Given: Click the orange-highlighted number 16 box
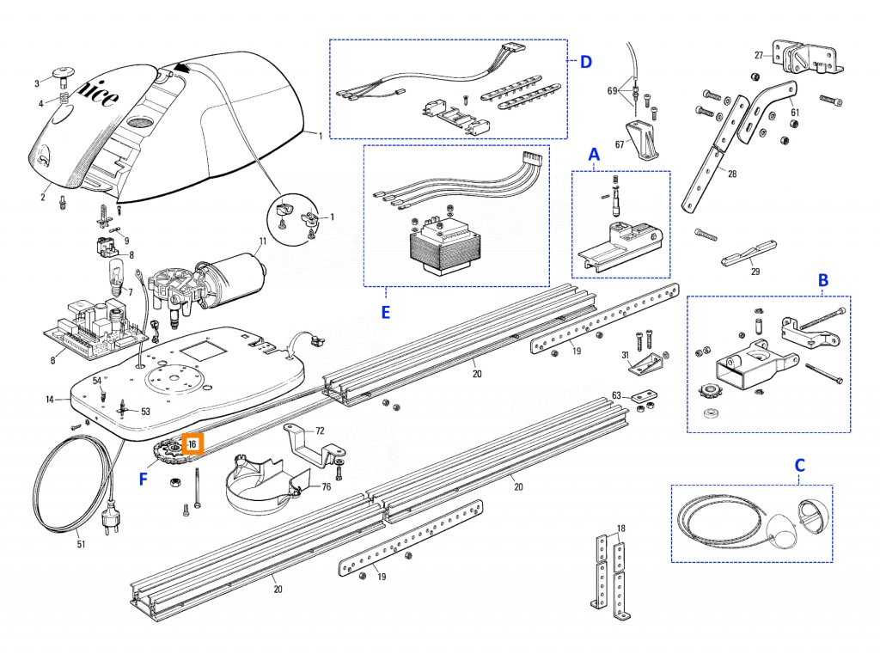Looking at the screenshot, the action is coord(192,443).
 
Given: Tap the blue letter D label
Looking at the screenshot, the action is coord(585,61).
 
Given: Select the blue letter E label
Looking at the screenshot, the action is coord(386,312).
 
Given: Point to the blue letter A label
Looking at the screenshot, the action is coord(593,155).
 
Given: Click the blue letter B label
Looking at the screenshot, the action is coord(822,280).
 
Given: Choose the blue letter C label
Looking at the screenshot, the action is coord(800,465).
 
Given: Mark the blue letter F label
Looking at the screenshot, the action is coord(144,480).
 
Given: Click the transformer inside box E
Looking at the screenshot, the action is coord(445,245).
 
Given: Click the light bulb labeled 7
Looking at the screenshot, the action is coord(116,277).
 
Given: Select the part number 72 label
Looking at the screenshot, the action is coord(320,431).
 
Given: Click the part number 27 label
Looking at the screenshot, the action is coord(759,55).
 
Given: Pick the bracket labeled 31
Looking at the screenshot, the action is coord(643,364).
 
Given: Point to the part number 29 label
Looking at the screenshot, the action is coord(755,272).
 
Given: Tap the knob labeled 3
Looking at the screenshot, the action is coord(63,74).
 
